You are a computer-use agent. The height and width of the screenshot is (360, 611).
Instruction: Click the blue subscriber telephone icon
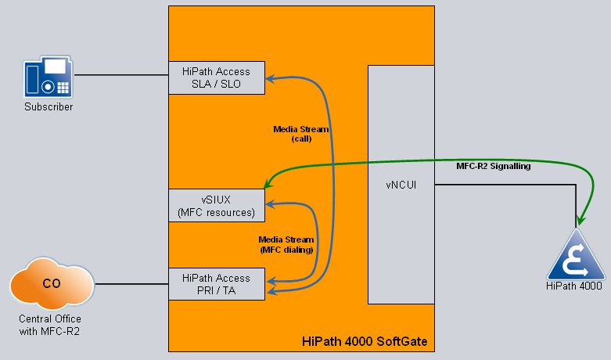point(49,77)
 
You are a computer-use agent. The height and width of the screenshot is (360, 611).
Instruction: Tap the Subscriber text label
point(49,106)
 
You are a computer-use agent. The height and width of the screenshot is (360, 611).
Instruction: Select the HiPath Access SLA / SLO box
point(217,77)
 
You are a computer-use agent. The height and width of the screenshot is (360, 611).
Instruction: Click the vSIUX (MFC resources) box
point(217,206)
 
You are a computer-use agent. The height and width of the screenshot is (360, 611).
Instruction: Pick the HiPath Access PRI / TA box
point(217,284)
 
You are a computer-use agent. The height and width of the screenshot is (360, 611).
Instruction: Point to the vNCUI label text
point(401,185)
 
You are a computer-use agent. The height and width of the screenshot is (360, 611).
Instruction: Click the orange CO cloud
point(52,283)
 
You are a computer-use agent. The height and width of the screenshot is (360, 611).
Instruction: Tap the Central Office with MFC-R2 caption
point(50,325)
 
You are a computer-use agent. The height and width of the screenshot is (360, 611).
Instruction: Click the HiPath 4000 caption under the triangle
point(574,286)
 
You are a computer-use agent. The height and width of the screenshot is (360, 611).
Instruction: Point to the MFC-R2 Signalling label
point(494,166)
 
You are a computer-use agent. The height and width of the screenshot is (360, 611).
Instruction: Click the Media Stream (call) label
point(301,134)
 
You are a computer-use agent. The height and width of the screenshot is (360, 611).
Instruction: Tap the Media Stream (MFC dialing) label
point(286,244)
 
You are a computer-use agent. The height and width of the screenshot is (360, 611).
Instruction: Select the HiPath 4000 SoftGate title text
point(365,341)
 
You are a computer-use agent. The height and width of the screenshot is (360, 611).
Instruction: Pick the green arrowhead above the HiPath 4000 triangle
point(580,220)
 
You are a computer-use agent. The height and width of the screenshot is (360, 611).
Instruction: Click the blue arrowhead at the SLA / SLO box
point(270,79)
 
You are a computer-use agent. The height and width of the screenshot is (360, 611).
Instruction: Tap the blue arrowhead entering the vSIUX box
point(270,203)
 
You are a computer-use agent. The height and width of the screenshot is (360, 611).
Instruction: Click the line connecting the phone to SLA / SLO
point(121,75)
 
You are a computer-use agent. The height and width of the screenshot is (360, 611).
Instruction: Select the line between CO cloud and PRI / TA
point(131,284)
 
